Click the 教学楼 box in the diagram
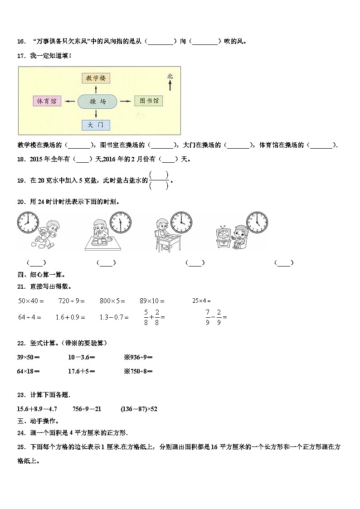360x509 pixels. click(x=96, y=78)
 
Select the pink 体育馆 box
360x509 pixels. click(x=47, y=102)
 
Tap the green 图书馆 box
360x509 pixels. click(x=149, y=101)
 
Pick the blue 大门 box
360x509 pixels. click(x=96, y=125)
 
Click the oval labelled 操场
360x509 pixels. click(x=97, y=102)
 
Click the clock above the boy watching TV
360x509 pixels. click(x=257, y=222)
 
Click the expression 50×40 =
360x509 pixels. click(x=31, y=301)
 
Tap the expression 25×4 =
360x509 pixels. click(x=201, y=301)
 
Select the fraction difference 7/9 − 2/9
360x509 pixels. click(x=216, y=317)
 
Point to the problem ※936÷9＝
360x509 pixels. click(x=138, y=357)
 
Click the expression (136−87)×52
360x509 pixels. click(x=139, y=409)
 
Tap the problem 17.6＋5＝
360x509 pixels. click(x=81, y=371)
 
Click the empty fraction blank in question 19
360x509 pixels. click(x=159, y=180)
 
